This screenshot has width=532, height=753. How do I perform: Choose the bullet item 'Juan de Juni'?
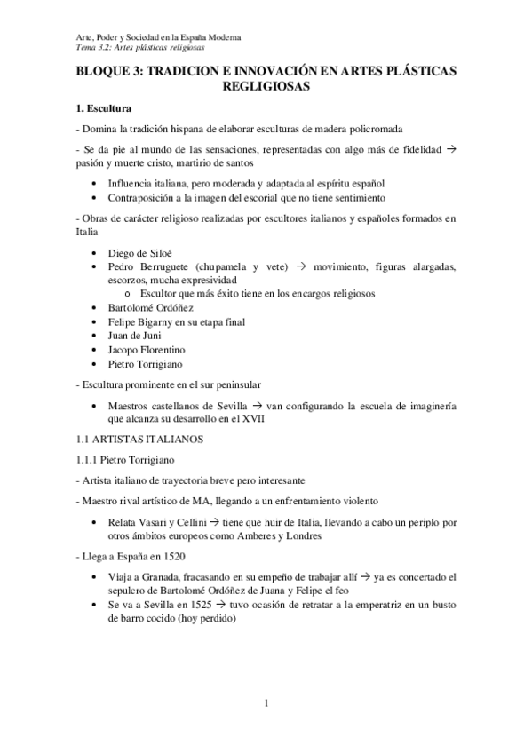(x=137, y=336)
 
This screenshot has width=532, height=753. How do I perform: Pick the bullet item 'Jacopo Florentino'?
(x=147, y=350)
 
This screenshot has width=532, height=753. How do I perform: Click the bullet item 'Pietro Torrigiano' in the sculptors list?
(x=147, y=364)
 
